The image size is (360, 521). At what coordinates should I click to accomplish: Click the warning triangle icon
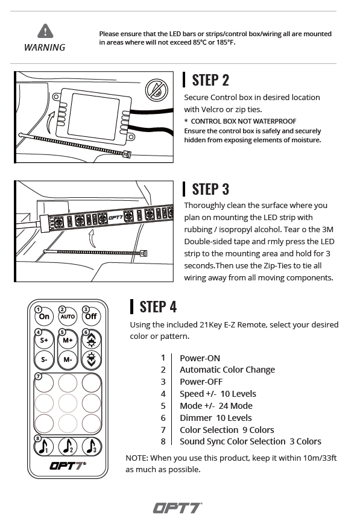45,31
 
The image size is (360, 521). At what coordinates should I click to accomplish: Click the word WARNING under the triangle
45,48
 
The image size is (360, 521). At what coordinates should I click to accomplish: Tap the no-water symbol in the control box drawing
156,90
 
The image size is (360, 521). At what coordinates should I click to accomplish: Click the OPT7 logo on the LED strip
116,218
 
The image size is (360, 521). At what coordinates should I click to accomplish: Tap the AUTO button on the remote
68,317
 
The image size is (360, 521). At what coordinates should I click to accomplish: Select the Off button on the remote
91,317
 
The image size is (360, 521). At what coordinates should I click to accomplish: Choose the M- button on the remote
68,359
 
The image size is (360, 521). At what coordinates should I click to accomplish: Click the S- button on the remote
44,359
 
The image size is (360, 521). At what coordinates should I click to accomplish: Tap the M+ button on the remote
68,340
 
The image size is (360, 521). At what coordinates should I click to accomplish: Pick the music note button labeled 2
68,446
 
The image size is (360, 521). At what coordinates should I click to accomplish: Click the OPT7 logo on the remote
68,466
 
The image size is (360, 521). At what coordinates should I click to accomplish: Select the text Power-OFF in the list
201,382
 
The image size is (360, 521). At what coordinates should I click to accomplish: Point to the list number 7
163,430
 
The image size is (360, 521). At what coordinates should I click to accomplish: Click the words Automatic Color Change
227,370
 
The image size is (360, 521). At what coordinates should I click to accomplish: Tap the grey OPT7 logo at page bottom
177,508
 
